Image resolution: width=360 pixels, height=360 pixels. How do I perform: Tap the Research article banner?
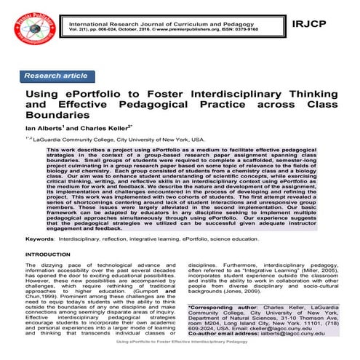pos(56,75)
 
